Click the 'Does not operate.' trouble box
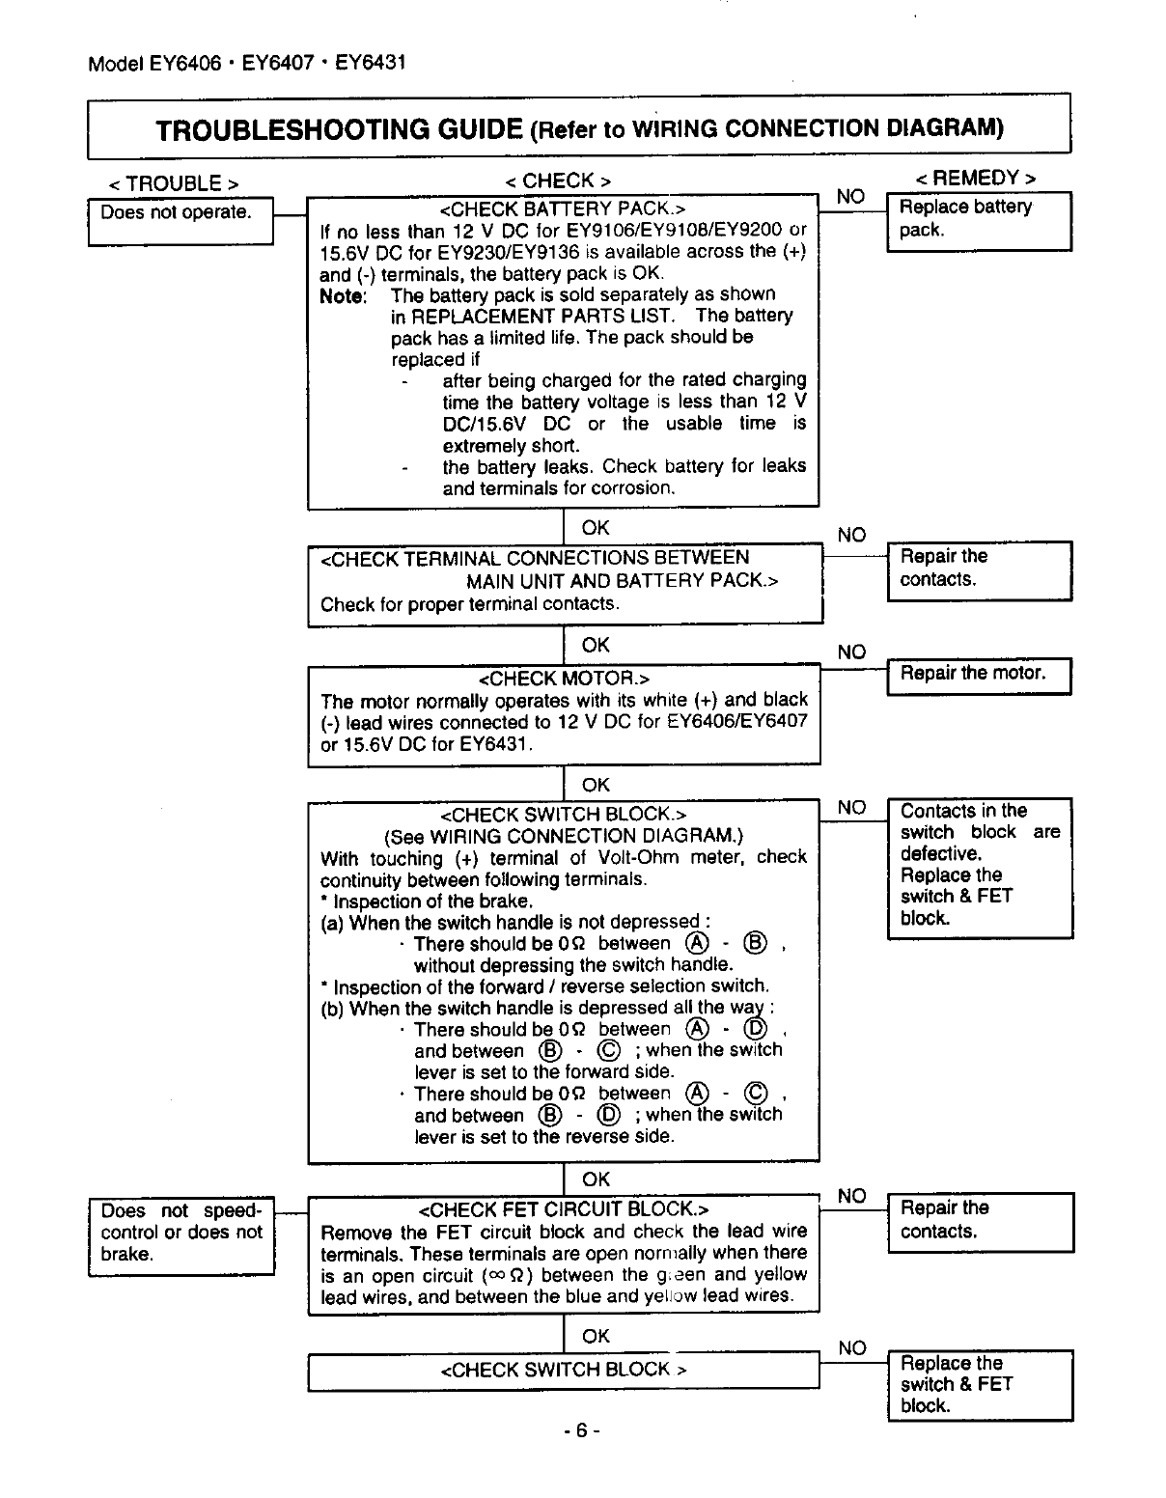[x=181, y=221]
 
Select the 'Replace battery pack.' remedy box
[x=978, y=221]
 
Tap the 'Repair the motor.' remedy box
[x=978, y=675]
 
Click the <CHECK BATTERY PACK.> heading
[x=562, y=208]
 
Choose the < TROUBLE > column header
[x=174, y=183]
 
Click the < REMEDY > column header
[x=976, y=179]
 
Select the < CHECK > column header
[x=558, y=180]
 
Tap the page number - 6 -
[x=581, y=1430]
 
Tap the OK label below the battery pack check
[x=596, y=528]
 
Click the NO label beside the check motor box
[x=851, y=652]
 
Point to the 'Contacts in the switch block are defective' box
[x=979, y=866]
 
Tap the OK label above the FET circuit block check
[x=596, y=1179]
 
